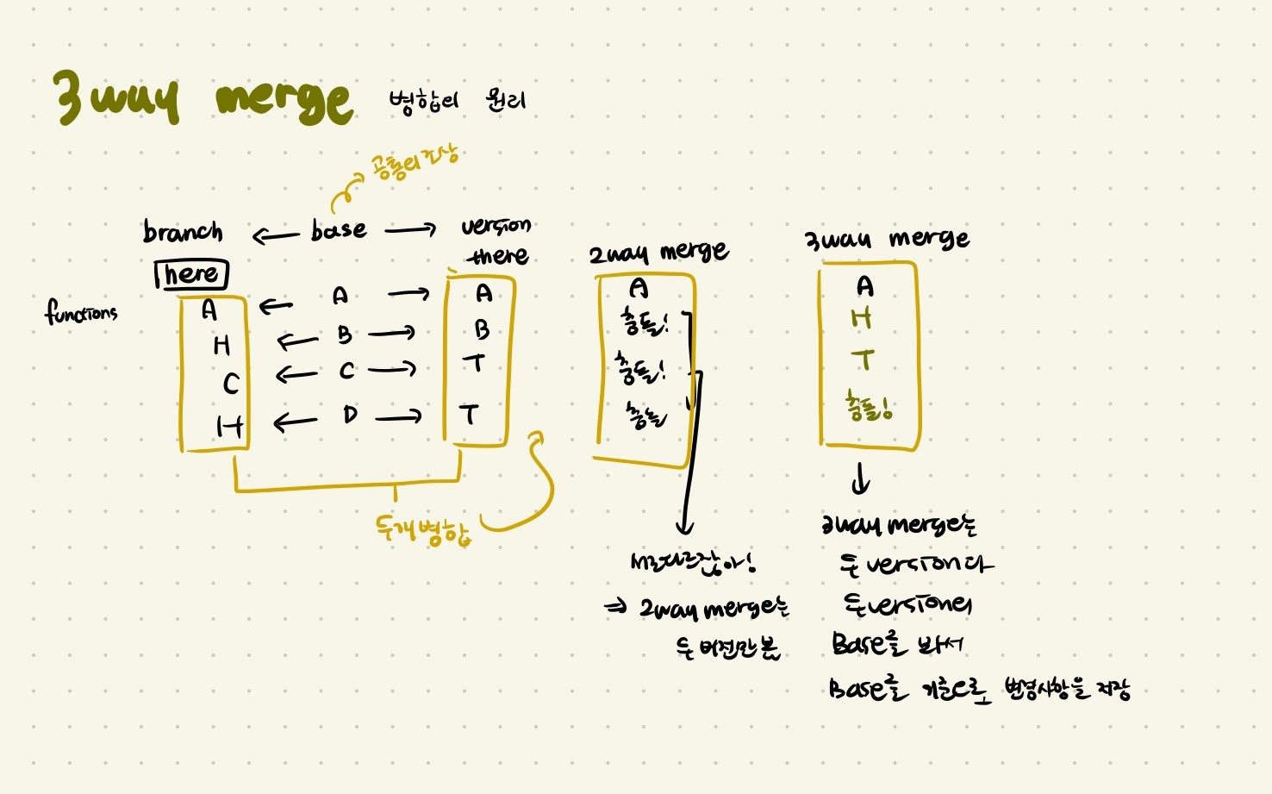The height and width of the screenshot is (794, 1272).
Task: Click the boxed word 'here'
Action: tap(191, 275)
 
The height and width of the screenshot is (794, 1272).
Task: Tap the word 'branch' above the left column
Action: tap(183, 231)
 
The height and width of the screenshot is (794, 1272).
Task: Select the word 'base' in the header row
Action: tap(339, 230)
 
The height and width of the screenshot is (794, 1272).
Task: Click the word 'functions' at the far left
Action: tap(81, 312)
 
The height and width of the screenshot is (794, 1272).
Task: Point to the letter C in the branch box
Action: tap(231, 383)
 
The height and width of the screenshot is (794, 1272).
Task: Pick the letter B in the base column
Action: tap(345, 334)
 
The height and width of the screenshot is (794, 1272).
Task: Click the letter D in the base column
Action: tap(350, 415)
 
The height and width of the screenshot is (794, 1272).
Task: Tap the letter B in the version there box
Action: tap(482, 329)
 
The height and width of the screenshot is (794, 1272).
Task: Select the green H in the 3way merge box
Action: tap(861, 319)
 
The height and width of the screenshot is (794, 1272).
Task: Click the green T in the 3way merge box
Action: tap(864, 359)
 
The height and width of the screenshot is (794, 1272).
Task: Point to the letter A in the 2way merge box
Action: tap(639, 288)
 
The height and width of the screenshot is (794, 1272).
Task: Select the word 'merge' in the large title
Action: tap(284, 102)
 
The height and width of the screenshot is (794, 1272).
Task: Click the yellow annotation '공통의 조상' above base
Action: tap(415, 162)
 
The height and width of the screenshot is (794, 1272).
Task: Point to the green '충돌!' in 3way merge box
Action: tap(868, 405)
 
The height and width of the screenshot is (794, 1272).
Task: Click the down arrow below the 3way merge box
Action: tap(860, 478)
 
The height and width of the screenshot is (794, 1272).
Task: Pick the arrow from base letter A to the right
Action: tap(408, 295)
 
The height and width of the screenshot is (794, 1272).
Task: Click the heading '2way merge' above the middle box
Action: tap(658, 253)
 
